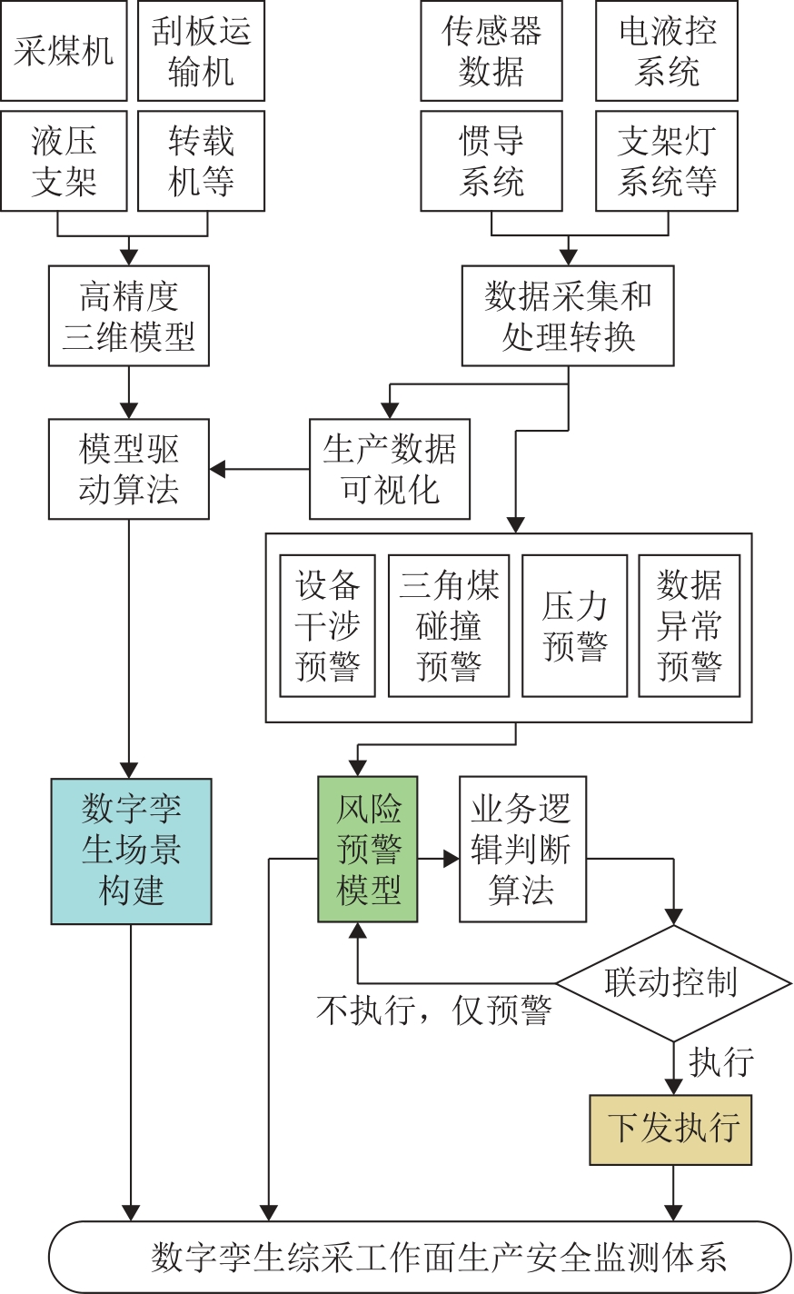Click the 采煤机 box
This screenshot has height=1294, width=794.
click(64, 51)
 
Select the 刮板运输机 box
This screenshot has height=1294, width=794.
click(201, 51)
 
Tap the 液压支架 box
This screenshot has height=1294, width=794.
click(64, 161)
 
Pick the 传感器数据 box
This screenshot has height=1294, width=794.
click(491, 51)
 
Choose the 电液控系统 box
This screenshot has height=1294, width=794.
click(667, 51)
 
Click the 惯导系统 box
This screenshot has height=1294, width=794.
click(491, 161)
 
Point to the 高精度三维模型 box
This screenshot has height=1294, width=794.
click(129, 316)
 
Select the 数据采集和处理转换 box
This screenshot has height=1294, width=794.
click(568, 316)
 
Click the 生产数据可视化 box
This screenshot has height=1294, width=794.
click(390, 469)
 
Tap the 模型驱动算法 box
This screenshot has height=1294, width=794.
click(129, 469)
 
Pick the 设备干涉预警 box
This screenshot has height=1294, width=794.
click(327, 625)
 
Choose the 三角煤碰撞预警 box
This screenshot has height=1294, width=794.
click(449, 625)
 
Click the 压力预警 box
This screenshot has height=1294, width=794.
click(574, 625)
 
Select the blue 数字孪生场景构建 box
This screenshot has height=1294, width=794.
click(131, 851)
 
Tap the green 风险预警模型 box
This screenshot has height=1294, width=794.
click(368, 849)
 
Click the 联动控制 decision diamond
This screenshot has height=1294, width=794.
click(673, 983)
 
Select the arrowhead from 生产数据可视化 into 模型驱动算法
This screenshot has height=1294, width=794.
click(218, 469)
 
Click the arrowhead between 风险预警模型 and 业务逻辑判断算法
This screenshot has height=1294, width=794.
click(451, 859)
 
